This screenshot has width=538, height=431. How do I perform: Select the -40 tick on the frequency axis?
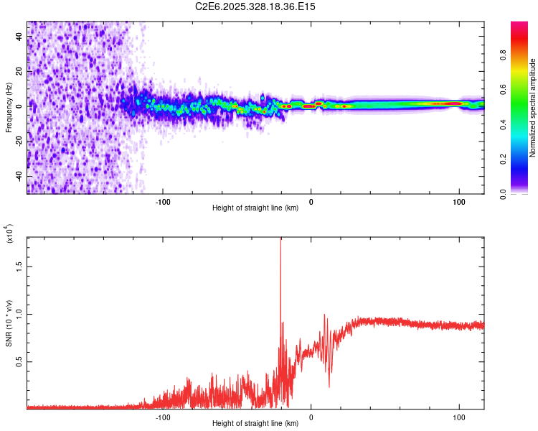pyautogui.click(x=19, y=177)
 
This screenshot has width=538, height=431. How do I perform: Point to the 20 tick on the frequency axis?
pyautogui.click(x=19, y=71)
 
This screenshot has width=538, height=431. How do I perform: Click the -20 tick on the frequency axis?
pyautogui.click(x=19, y=142)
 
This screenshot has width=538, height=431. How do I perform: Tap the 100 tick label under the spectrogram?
pyautogui.click(x=458, y=200)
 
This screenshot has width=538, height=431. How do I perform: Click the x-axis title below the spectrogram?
pyautogui.click(x=255, y=208)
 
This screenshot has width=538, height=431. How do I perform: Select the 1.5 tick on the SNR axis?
pyautogui.click(x=19, y=265)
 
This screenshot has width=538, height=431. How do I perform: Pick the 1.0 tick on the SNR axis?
pyautogui.click(x=19, y=313)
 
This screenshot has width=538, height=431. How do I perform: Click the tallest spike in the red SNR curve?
pyautogui.click(x=280, y=241)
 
